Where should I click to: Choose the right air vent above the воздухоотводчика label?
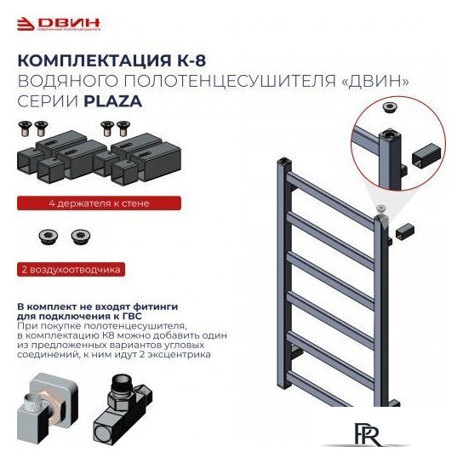(79, 236)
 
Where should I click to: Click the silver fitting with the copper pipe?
(48, 409)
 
